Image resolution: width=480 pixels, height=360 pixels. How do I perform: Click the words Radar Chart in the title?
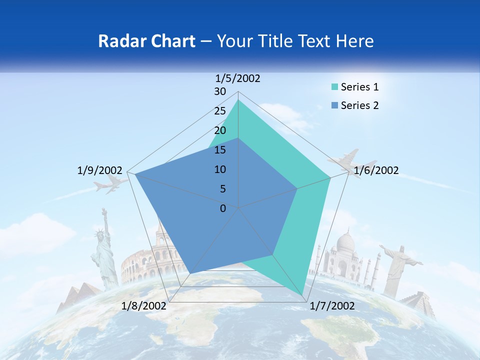coord(146,41)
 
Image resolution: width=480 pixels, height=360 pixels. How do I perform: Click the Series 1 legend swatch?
coord(335,87)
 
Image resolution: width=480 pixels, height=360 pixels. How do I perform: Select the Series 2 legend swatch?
coord(335,105)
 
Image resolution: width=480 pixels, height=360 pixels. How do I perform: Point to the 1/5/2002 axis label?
coord(237,78)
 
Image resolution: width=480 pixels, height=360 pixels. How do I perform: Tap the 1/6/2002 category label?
coord(376,171)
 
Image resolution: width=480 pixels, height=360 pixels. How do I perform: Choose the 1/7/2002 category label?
coord(332,306)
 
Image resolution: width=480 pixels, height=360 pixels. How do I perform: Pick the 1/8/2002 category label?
coord(144,306)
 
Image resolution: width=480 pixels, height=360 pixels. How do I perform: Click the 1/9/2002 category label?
coord(100,171)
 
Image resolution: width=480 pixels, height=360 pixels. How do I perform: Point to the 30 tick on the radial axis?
coord(220,91)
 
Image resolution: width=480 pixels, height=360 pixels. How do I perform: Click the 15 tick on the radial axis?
coord(220,150)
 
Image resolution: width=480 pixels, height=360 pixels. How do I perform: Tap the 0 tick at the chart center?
coord(223,208)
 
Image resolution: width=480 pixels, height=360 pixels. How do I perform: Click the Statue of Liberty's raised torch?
coord(104,210)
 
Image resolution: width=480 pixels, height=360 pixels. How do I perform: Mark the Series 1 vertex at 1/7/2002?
coord(303,295)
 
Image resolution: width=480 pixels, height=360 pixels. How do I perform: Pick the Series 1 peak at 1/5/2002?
coord(238,100)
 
